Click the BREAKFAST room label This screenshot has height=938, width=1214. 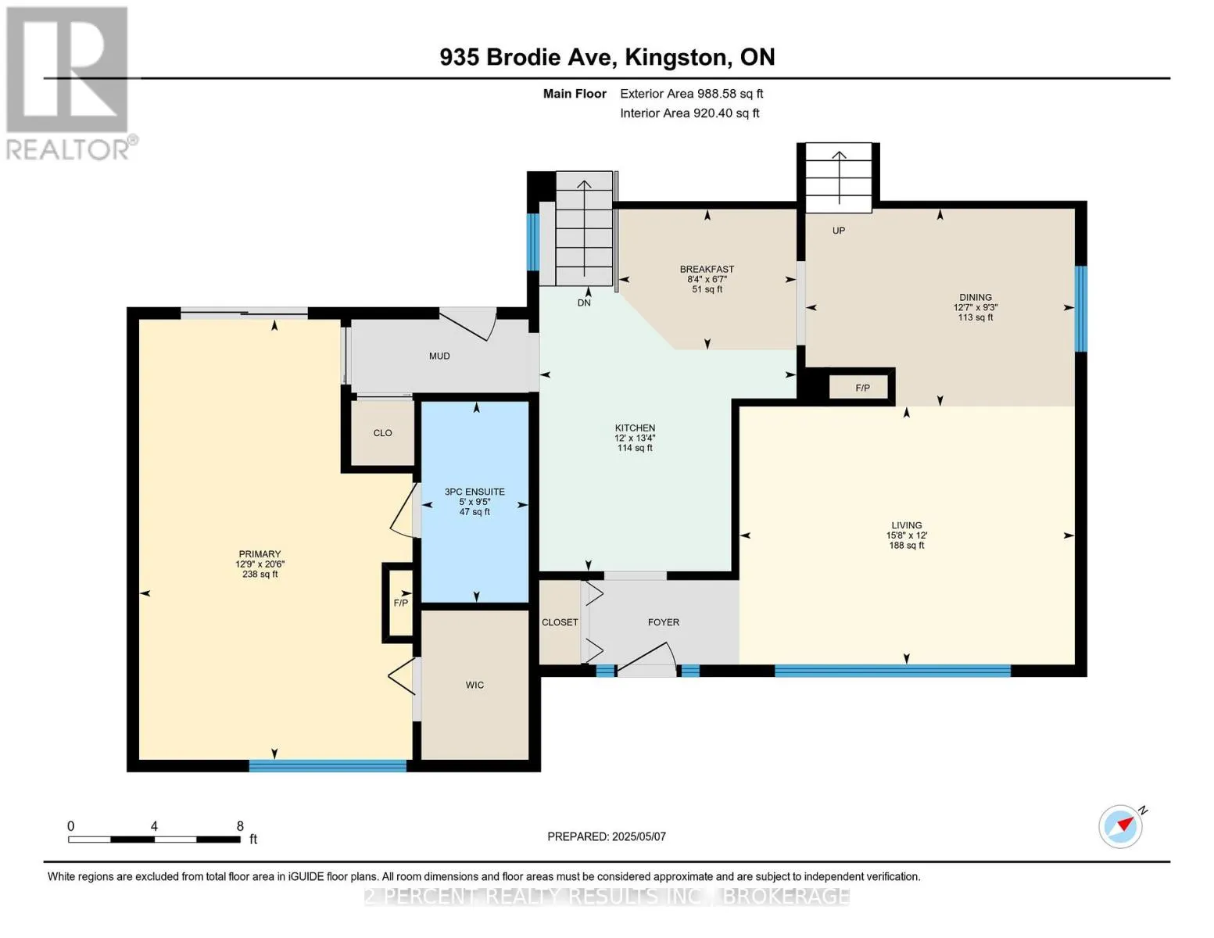click(707, 269)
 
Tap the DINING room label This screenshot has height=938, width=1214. click(976, 298)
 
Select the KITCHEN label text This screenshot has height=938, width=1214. click(635, 428)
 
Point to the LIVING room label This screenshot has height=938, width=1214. click(906, 525)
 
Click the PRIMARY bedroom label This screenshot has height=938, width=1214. click(260, 554)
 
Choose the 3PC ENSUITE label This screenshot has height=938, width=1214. click(474, 492)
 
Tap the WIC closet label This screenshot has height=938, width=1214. click(474, 685)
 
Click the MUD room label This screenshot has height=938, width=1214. click(439, 356)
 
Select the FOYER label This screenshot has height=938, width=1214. click(663, 622)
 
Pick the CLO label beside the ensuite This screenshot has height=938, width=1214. click(383, 433)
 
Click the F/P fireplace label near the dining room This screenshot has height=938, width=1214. click(862, 388)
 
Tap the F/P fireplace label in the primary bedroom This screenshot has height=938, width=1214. click(400, 603)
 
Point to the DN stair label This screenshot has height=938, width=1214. click(584, 303)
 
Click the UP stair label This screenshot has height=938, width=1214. click(839, 231)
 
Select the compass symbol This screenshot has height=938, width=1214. click(1121, 826)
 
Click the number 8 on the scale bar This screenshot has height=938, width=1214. click(240, 825)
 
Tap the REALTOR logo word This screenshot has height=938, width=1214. click(67, 150)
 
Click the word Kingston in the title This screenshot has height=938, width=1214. click(678, 57)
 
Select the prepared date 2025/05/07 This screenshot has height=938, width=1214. click(639, 836)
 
